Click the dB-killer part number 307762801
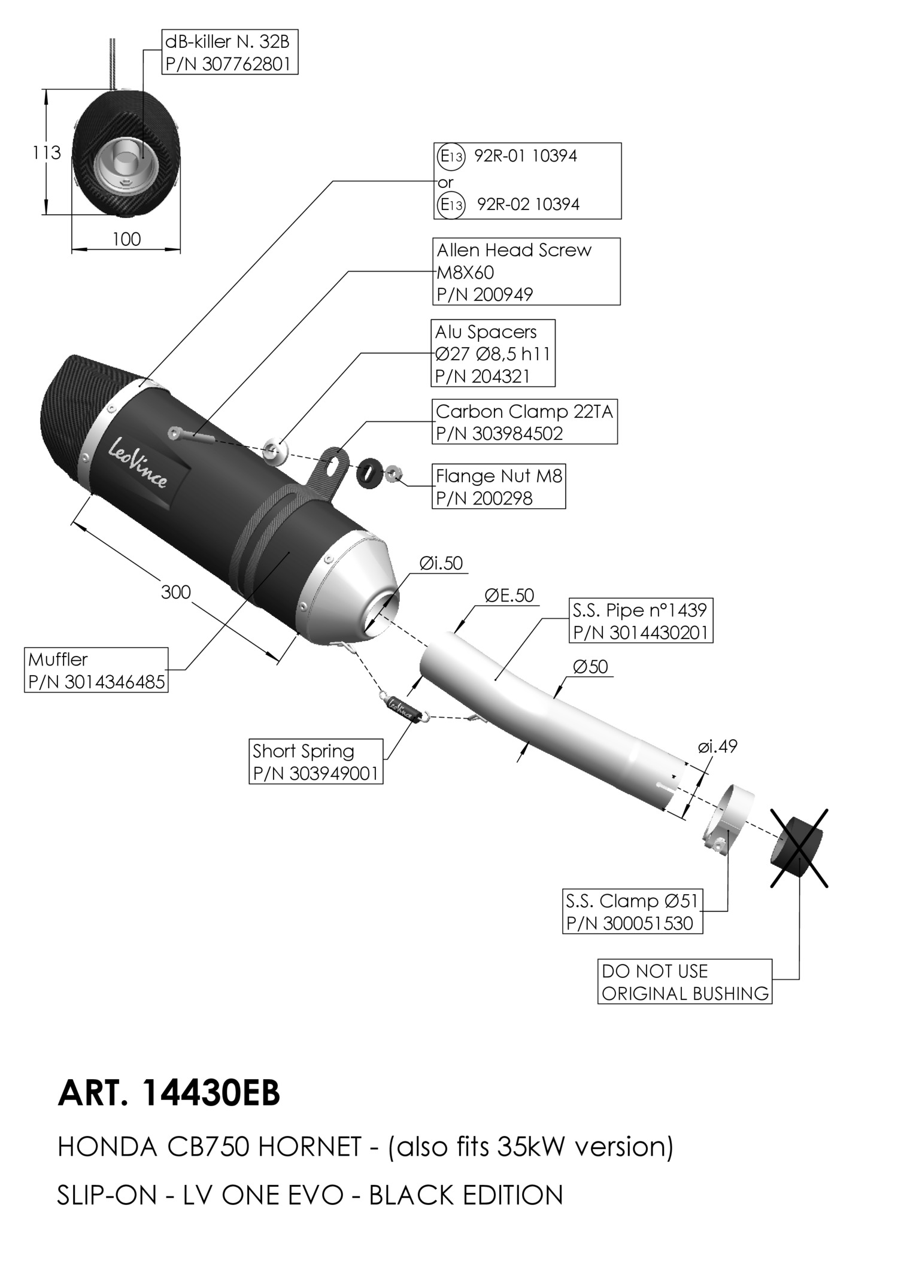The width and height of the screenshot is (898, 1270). tap(230, 63)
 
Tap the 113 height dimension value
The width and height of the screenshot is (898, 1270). tap(47, 153)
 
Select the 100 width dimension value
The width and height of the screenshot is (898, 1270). tap(126, 239)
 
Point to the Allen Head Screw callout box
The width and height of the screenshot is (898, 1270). tap(526, 272)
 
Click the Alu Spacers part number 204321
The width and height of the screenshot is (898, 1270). tap(483, 376)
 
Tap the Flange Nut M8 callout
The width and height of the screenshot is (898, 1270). tap(499, 487)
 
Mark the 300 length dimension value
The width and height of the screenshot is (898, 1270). tap(176, 592)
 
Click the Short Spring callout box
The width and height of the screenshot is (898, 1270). tap(316, 761)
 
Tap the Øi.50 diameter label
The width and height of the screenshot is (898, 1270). tap(441, 563)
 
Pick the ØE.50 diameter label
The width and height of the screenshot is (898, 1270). tap(509, 595)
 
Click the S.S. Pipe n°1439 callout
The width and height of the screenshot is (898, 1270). tap(641, 621)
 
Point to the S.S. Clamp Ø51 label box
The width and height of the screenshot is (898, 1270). tap(633, 911)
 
